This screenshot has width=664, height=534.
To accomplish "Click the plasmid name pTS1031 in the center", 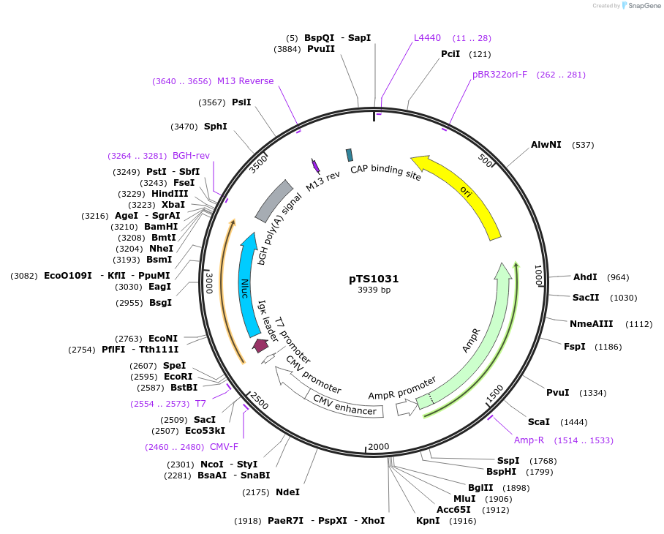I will click(374, 279).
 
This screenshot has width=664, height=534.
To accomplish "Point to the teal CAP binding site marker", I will click(350, 154).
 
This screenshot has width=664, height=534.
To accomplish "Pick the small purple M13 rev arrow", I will click(316, 166).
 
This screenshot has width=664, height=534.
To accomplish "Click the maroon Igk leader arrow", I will click(260, 345).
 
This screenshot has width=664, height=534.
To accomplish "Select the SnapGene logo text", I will click(643, 6).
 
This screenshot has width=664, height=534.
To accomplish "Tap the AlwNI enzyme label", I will click(546, 145).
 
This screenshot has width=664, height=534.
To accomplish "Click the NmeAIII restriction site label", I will click(591, 323).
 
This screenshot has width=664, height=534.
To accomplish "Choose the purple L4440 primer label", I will click(427, 38).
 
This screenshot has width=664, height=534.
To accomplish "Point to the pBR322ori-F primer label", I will click(499, 75).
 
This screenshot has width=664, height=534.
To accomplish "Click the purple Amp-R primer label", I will click(529, 440).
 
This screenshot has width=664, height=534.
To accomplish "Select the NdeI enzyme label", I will click(287, 492).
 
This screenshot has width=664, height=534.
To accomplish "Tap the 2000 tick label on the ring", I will click(379, 447).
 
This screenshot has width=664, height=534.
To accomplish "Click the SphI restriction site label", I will click(215, 127).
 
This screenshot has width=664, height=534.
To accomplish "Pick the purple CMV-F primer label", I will click(224, 447).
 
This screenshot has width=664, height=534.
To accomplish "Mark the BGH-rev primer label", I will click(191, 156).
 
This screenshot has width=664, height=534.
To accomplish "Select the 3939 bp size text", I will click(374, 290).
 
